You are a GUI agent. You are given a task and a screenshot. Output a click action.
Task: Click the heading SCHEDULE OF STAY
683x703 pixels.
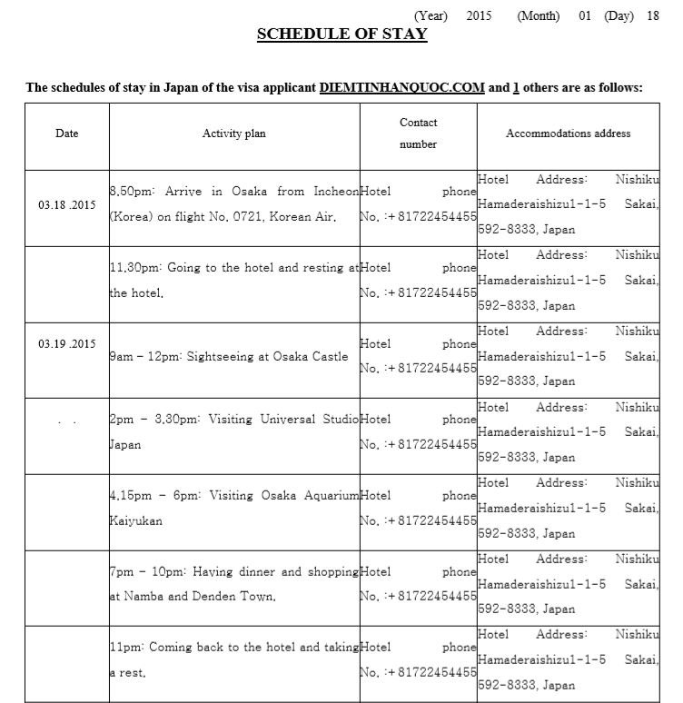point(341,35)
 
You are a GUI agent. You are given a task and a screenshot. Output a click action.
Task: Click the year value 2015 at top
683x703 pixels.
point(478,15)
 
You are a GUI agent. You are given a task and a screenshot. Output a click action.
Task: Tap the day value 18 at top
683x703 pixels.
point(652,15)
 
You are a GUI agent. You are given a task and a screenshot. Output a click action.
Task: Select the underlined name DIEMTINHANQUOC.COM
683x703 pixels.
point(401,88)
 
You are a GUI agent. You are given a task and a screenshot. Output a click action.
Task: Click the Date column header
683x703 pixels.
point(67,134)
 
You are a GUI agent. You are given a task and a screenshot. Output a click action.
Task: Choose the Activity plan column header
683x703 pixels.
point(234,134)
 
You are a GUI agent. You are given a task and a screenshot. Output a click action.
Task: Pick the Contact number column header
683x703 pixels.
point(418,133)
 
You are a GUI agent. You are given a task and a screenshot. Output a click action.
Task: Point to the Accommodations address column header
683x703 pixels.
point(568,134)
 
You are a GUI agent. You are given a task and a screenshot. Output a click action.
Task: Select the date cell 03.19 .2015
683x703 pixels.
point(67,344)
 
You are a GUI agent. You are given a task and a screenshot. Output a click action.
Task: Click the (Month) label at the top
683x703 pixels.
point(539,15)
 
